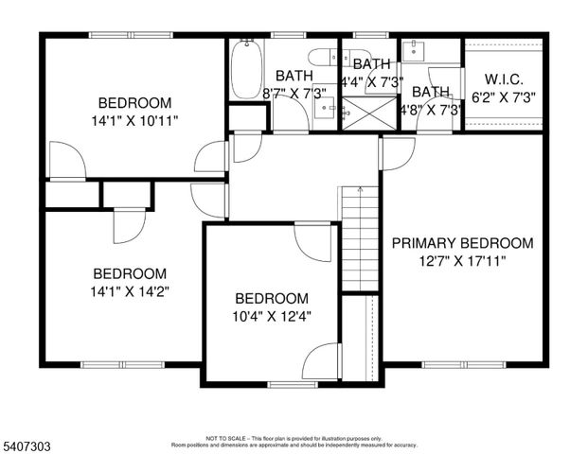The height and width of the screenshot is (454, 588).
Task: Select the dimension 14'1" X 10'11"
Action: (x=135, y=120)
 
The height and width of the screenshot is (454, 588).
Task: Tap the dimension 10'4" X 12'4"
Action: (x=272, y=316)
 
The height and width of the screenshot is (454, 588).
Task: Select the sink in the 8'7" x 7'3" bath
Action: (x=331, y=110)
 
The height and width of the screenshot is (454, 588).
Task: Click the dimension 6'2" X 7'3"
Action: (x=505, y=97)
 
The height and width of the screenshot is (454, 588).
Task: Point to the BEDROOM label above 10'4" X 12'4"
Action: (x=272, y=298)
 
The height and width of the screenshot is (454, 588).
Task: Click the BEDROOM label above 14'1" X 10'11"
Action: (x=135, y=102)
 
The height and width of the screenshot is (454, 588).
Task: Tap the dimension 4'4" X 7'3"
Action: (x=372, y=81)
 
